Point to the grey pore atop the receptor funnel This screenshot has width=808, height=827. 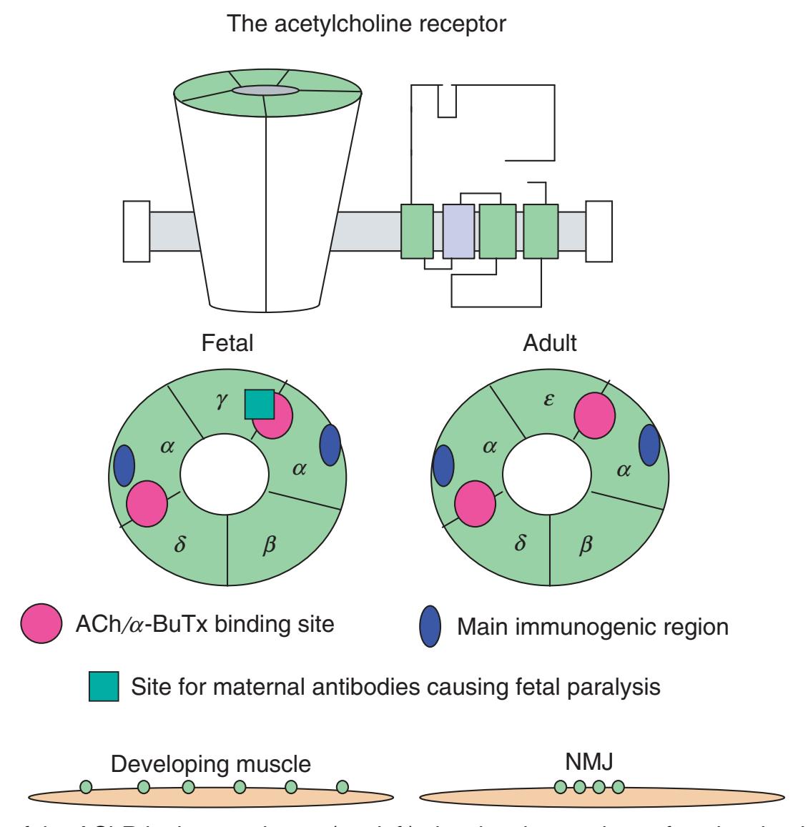coord(265,90)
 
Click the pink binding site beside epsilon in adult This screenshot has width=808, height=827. coord(595,416)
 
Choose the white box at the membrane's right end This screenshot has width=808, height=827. coord(598,232)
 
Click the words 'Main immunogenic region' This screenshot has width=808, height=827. coord(593,627)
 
